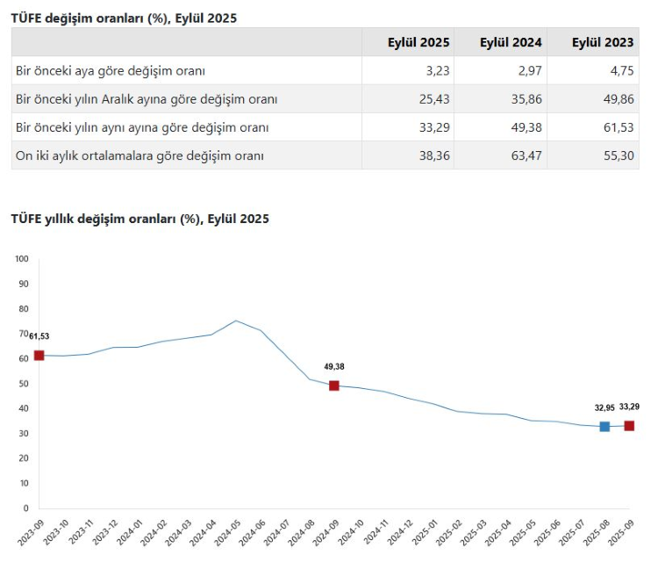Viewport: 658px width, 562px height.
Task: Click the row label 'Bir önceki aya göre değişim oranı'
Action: tap(111, 70)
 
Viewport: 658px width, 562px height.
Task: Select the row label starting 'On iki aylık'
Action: tap(140, 155)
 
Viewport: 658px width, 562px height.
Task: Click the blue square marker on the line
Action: tap(604, 426)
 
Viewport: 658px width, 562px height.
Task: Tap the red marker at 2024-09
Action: tap(334, 385)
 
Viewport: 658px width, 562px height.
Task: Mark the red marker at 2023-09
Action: tap(39, 355)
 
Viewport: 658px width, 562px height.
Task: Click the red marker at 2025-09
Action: tap(629, 425)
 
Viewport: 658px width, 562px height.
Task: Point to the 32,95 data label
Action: tap(604, 407)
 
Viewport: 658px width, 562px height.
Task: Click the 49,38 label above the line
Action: tap(334, 366)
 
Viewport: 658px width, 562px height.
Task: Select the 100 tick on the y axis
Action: tap(22, 259)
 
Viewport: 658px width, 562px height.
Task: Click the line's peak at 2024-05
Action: tap(236, 321)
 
